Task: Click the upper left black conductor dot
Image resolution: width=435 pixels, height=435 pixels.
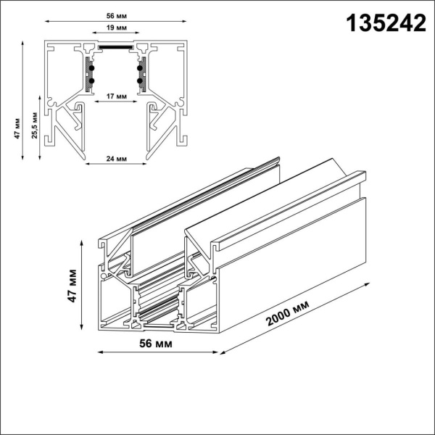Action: coord(91,68)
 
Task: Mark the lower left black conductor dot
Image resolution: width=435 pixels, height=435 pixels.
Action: coord(91,80)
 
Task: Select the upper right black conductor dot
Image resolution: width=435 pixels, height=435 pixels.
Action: coord(138,68)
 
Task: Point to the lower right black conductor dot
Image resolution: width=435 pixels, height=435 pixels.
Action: coord(138,80)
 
